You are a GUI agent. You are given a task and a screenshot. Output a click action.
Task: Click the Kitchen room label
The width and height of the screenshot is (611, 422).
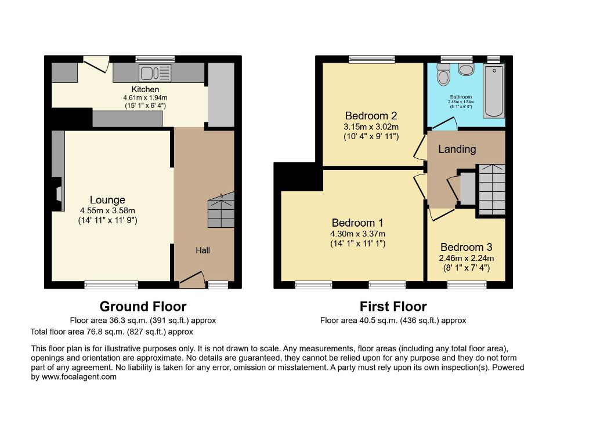[x=145, y=89]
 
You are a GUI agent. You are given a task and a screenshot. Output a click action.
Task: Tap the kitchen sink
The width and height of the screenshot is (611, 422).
[x=155, y=73]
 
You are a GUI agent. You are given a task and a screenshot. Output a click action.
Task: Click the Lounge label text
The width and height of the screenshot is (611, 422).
[x=107, y=200]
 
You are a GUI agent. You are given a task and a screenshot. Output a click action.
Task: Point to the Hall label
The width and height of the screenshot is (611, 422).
[x=203, y=250]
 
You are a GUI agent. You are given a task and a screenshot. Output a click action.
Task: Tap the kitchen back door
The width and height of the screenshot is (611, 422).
[x=96, y=64]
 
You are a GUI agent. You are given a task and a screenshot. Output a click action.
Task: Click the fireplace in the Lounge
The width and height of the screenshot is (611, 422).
[x=57, y=194]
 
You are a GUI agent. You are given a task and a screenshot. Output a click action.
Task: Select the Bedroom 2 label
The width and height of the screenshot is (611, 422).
[x=371, y=115]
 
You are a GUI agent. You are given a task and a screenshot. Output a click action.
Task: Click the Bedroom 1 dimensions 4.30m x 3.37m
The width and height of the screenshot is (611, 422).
[x=357, y=234]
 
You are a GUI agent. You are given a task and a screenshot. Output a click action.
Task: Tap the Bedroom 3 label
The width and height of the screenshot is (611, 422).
[x=466, y=247]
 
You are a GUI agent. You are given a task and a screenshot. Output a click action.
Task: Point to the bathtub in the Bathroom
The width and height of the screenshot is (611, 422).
[x=494, y=90]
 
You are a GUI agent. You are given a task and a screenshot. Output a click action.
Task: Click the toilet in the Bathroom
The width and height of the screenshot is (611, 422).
[x=443, y=74]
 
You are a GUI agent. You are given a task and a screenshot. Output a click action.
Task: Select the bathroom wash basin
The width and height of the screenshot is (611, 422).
[x=466, y=70]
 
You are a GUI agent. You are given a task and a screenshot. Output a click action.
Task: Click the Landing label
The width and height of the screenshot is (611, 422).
[x=457, y=149]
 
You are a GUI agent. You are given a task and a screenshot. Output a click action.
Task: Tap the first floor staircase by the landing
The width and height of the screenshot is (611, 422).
[x=492, y=190]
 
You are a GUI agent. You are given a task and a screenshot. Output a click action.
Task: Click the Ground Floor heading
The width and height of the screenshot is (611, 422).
[x=143, y=307]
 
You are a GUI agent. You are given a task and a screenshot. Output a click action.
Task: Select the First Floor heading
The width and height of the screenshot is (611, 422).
[x=393, y=307]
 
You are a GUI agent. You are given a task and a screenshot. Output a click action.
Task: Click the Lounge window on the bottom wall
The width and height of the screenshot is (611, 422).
[x=111, y=285]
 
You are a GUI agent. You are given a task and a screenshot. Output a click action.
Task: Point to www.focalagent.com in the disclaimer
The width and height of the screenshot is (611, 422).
[x=79, y=377]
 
